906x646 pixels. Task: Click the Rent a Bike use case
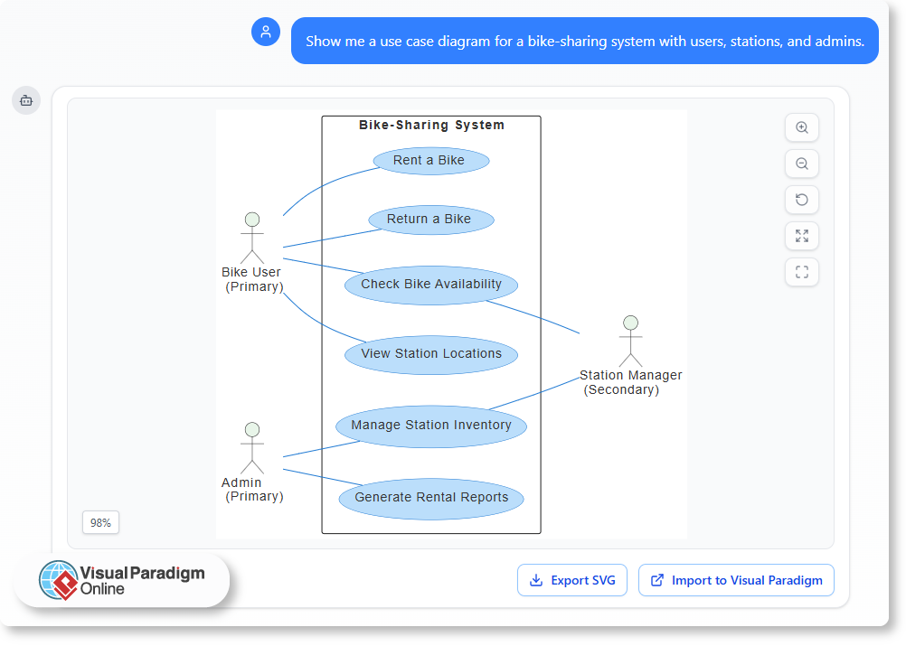pos(430,161)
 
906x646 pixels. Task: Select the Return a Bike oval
pos(431,220)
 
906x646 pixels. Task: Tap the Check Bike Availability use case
pos(431,285)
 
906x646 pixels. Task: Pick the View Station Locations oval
pos(431,354)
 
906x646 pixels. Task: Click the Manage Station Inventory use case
pos(431,426)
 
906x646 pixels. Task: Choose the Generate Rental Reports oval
pos(431,498)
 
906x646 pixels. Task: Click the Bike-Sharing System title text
pos(431,126)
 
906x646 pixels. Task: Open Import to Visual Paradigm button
pos(736,580)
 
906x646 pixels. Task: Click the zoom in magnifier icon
pos(802,127)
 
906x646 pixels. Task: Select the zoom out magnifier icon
pos(802,164)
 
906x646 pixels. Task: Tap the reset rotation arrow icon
pos(802,200)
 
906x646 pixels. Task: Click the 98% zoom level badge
pos(100,522)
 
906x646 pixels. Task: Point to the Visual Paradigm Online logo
pos(122,579)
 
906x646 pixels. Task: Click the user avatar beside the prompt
pos(266,33)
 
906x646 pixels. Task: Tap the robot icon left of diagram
pos(25,100)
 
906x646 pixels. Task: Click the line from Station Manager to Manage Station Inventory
pos(533,394)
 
